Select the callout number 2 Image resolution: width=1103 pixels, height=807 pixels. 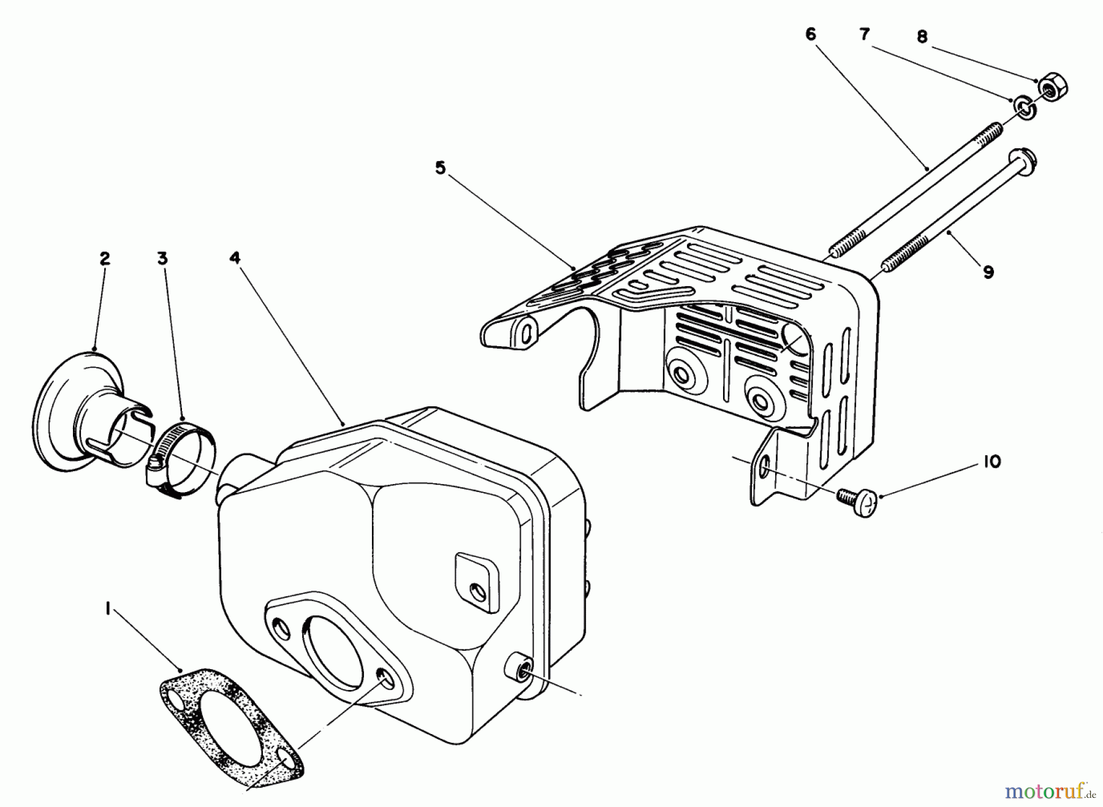[x=104, y=259]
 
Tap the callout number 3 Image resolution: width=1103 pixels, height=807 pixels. [x=162, y=259]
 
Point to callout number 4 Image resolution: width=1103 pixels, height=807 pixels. [x=235, y=259]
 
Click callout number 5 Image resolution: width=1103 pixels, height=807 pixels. [x=440, y=168]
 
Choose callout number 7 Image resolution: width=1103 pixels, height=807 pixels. [x=864, y=34]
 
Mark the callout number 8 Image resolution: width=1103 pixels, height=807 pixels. [x=922, y=37]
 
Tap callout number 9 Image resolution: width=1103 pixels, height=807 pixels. [x=988, y=271]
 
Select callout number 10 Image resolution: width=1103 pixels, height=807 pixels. [x=992, y=461]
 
